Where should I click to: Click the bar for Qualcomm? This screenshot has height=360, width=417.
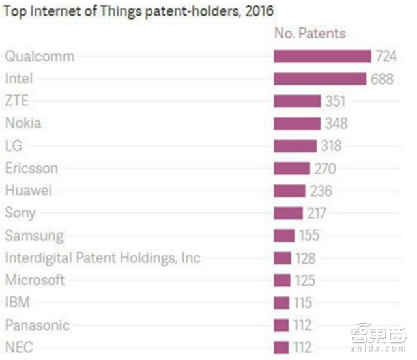point(322,56)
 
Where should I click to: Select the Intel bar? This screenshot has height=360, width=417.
point(319,79)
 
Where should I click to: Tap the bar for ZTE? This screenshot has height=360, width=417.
point(297,101)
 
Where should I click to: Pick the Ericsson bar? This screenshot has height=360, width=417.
point(291,169)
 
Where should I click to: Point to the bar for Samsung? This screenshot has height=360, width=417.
point(284,236)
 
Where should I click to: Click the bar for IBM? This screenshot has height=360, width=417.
point(281,303)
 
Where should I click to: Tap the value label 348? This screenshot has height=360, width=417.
point(337,123)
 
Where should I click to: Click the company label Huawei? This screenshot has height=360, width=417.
point(28,191)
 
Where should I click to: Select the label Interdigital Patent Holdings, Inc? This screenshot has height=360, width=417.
point(102,258)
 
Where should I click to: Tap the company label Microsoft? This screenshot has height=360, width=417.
point(35,280)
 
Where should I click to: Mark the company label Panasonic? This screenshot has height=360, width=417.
point(36,325)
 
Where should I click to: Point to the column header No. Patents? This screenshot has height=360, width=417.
point(309,33)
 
